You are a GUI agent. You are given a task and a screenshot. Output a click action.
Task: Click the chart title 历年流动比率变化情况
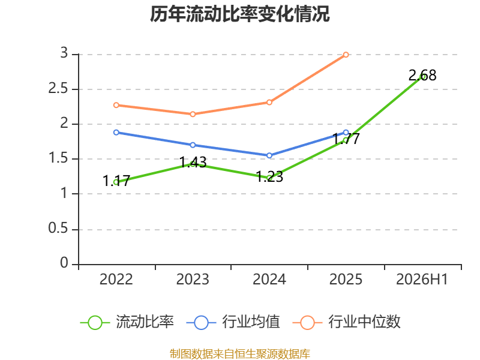pos(239,14)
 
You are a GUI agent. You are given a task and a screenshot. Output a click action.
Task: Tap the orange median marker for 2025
pos(346,55)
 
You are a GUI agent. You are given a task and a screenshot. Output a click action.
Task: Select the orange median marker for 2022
pos(116,105)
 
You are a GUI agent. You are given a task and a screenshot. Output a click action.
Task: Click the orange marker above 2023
pos(193,114)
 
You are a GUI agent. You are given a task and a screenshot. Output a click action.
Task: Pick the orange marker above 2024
pos(269,102)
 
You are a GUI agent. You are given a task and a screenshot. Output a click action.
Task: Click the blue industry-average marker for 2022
pos(116,133)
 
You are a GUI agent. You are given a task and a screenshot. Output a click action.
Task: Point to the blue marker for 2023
pos(193,145)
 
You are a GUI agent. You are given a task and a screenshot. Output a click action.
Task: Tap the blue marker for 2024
pos(269,155)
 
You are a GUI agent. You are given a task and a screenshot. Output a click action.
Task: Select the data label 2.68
pos(422,76)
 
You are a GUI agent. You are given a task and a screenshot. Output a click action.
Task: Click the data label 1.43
pos(193,162)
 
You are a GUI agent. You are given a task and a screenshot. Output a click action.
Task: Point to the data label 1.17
pos(116,181)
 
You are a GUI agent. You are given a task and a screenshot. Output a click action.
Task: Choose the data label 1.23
pos(269,176)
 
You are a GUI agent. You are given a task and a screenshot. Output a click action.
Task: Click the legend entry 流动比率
pos(127,322)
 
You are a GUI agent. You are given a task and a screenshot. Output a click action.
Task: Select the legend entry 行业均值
pos(233,322)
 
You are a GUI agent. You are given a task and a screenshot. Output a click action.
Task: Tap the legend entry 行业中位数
pos(347,322)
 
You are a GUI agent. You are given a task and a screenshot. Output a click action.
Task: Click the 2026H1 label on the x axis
pos(422,279)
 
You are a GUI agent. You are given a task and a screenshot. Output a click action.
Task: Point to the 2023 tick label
pos(193,279)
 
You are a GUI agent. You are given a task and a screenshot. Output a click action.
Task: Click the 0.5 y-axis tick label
pos(58,229)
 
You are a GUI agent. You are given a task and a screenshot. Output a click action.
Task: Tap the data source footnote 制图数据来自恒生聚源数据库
pos(239,354)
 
